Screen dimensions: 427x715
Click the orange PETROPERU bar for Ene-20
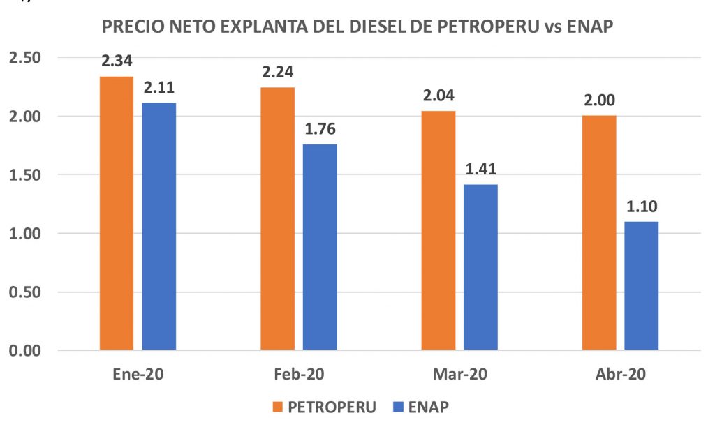[117, 213]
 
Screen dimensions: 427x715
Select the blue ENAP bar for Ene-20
[159, 226]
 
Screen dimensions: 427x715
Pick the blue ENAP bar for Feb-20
[320, 247]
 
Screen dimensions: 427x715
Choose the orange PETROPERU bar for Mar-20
[438, 230]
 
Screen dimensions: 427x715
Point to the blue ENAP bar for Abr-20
[641, 285]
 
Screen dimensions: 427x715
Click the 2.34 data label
[117, 61]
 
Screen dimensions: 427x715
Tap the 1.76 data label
[320, 129]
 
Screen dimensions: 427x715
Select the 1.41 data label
[480, 170]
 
